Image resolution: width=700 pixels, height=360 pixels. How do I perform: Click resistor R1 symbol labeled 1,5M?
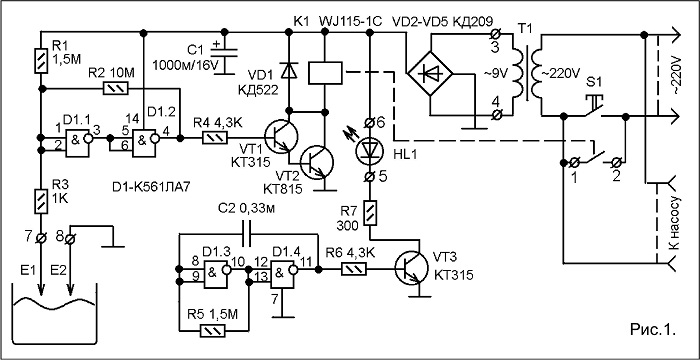(40, 62)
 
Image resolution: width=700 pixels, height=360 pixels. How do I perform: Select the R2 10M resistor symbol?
(116, 88)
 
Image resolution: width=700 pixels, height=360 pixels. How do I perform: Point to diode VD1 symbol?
(288, 70)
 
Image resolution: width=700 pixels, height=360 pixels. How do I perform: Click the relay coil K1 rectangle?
(325, 73)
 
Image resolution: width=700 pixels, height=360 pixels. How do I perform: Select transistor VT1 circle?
(280, 138)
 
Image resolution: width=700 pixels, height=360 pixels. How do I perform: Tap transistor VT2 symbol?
(317, 163)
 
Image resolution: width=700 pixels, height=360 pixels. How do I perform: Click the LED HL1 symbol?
(369, 151)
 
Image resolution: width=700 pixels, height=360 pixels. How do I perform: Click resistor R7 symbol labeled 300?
(370, 213)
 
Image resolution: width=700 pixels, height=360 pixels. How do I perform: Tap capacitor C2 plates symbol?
(247, 234)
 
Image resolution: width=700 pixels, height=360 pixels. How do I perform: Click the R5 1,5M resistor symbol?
(212, 331)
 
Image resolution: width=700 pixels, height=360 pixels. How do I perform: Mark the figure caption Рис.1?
(653, 330)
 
